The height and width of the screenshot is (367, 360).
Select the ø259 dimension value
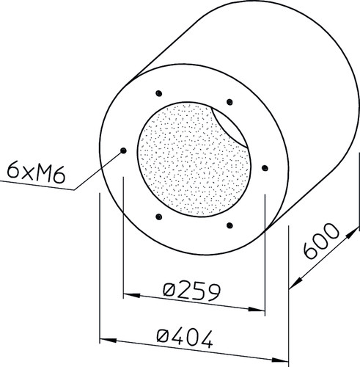coord(192,291)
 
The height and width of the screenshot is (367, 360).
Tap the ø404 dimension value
coord(185,338)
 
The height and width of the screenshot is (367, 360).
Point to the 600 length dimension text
coord(320,241)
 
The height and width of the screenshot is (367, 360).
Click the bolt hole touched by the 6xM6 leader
coord(124,150)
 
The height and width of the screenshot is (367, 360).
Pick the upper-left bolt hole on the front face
coord(159,93)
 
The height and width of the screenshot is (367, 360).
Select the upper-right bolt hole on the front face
coord(229,102)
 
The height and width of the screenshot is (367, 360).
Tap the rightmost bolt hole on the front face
coord(265,168)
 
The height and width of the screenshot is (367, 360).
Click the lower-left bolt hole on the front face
coord(159,217)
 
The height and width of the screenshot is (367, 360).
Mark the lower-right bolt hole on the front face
coord(229,225)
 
